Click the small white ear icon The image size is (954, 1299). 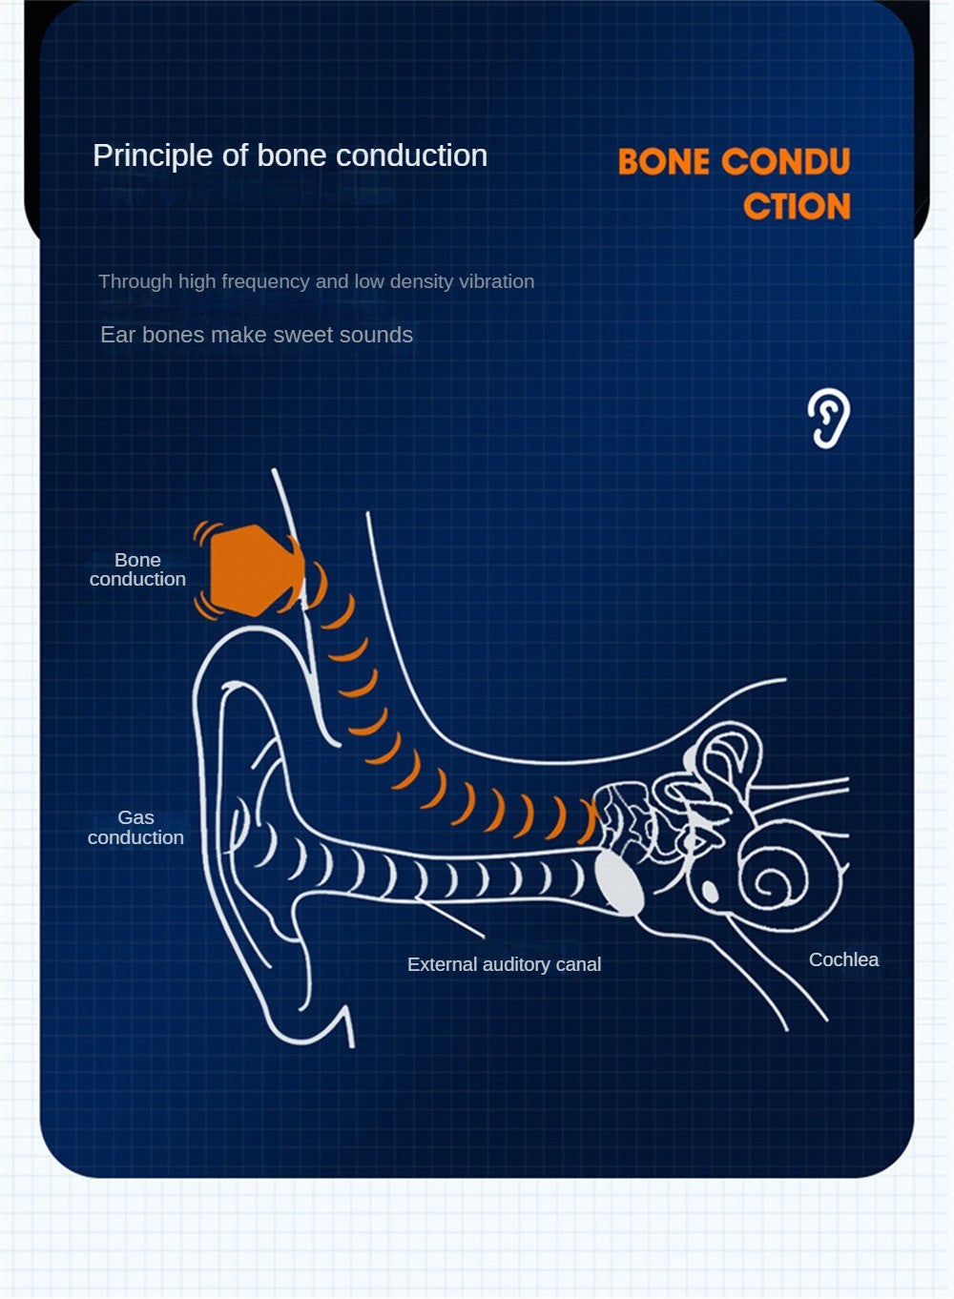(829, 418)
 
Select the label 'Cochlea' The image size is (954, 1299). (843, 959)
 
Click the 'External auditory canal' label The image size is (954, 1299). (504, 964)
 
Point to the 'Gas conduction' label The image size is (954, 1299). (135, 828)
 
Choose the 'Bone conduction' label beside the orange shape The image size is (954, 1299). (137, 569)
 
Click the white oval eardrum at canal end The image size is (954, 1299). (620, 882)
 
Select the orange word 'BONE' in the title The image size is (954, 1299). (663, 161)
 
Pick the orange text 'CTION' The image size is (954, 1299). (797, 206)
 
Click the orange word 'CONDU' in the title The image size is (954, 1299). (786, 161)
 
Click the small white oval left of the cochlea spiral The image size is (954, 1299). (710, 891)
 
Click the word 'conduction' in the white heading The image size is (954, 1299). (412, 155)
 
